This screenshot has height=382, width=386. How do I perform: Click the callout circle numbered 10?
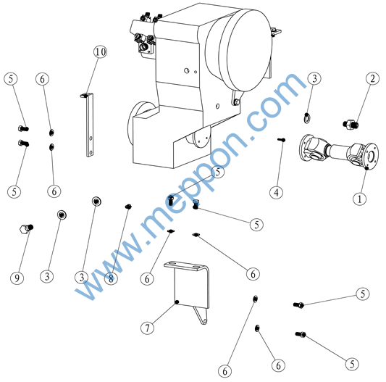[100, 51]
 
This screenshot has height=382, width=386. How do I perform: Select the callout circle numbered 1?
[359, 199]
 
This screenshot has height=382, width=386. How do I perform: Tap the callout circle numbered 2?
[372, 78]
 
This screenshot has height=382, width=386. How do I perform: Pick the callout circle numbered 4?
[277, 193]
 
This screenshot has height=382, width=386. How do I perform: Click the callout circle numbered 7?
[147, 328]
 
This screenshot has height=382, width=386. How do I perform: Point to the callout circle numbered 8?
[111, 279]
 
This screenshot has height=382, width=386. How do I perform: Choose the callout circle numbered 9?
[17, 278]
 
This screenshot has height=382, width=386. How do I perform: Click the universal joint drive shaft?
[339, 151]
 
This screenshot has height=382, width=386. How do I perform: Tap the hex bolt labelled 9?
[26, 228]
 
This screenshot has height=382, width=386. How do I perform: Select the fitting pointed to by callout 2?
[351, 124]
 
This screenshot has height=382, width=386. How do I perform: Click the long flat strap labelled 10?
[89, 125]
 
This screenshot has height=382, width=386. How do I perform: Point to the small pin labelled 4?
[282, 140]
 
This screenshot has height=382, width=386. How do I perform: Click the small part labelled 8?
[128, 207]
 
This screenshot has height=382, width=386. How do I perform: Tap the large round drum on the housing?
[240, 49]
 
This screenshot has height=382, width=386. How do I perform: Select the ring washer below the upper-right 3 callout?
[307, 118]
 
